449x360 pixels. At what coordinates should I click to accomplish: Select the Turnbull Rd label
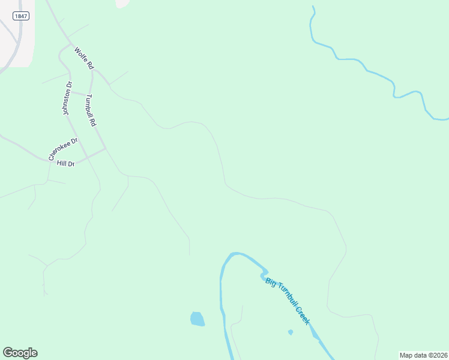(x=91, y=110)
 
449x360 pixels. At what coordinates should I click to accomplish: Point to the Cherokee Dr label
(x=64, y=149)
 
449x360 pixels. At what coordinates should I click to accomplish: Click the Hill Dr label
(x=65, y=163)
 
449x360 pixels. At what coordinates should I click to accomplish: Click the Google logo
(x=20, y=353)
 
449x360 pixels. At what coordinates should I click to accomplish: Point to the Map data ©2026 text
(x=423, y=355)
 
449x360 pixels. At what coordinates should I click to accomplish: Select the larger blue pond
(x=197, y=319)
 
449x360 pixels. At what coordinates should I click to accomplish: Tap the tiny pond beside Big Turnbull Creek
(x=291, y=332)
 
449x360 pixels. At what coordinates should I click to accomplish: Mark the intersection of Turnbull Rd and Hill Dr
(x=106, y=148)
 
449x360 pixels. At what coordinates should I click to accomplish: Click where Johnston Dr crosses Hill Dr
(x=87, y=157)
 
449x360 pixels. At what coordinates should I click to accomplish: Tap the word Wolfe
(x=79, y=55)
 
